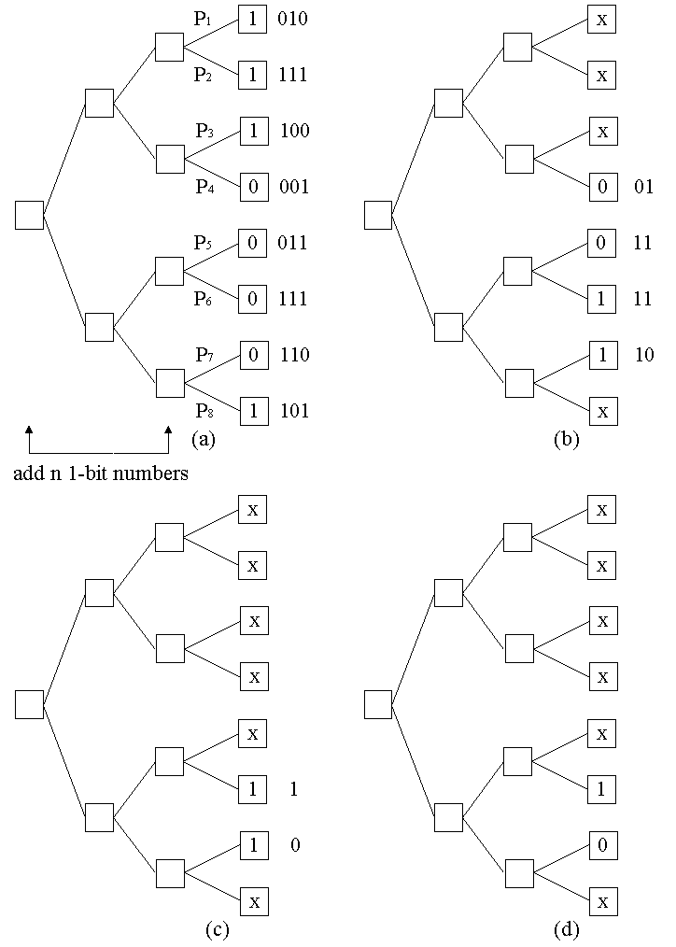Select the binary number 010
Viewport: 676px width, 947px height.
pyautogui.click(x=292, y=20)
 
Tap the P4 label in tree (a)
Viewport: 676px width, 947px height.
pyautogui.click(x=204, y=187)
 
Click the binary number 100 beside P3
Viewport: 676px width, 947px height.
pyautogui.click(x=295, y=131)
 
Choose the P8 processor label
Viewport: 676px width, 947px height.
pyautogui.click(x=204, y=411)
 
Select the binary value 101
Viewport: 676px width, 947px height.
pyautogui.click(x=294, y=411)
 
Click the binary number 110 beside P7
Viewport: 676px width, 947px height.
pyautogui.click(x=295, y=355)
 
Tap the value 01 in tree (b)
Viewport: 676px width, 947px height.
pyautogui.click(x=643, y=188)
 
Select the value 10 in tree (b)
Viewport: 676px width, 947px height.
pyautogui.click(x=643, y=355)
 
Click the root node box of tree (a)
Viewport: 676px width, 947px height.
pyautogui.click(x=30, y=215)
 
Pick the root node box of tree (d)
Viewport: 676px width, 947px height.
pyautogui.click(x=378, y=704)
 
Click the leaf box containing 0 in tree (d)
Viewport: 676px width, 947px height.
pyautogui.click(x=602, y=845)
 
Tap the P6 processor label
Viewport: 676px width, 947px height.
pyautogui.click(x=204, y=299)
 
